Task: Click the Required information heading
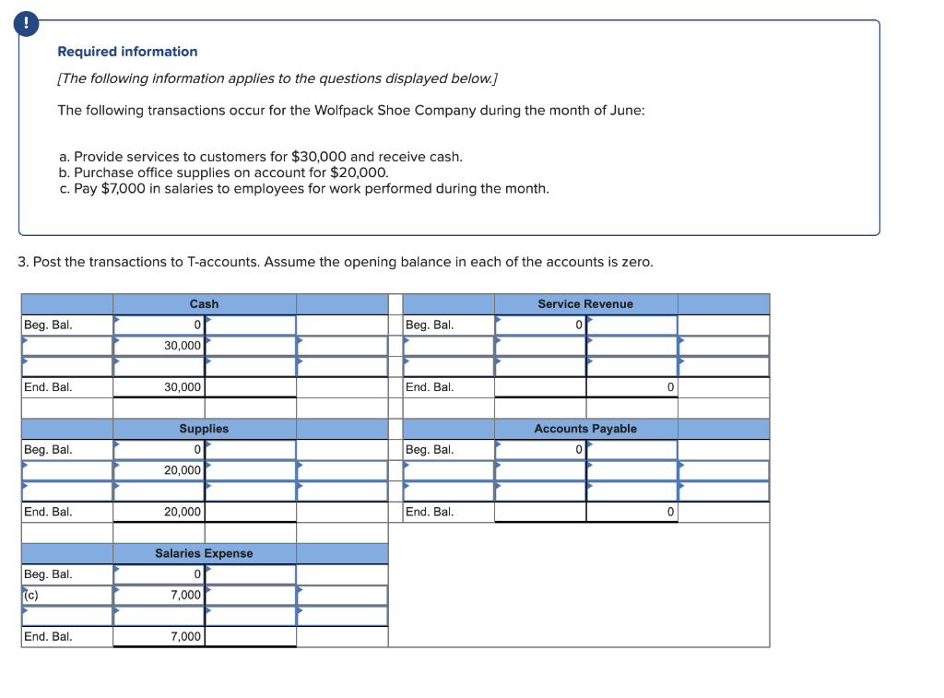pos(127,52)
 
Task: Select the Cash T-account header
pos(204,303)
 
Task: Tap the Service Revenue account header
pos(585,303)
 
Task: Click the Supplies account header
pos(204,429)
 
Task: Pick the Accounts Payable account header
pos(585,429)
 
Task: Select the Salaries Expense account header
pos(204,553)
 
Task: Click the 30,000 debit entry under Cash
pos(183,345)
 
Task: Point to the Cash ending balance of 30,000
pos(183,387)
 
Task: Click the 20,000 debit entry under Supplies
pos(183,470)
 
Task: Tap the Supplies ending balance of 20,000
pos(183,512)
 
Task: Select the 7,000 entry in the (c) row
pos(186,595)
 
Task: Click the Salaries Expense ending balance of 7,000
pos(186,636)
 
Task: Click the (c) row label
pos(31,595)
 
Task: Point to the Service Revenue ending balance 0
pos(670,387)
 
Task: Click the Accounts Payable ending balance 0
pos(670,512)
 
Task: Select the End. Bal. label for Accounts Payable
pos(430,512)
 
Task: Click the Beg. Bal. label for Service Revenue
pos(430,325)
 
